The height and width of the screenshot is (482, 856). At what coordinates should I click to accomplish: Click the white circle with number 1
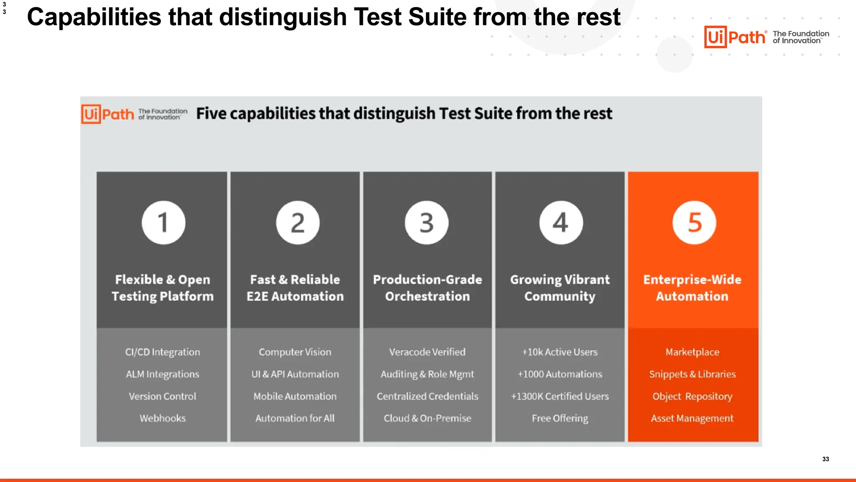[163, 223]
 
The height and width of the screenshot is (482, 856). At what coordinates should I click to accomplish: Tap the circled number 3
[427, 223]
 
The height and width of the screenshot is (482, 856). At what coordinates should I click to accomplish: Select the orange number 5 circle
[694, 223]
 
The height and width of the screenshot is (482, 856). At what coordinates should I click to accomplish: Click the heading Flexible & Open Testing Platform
[163, 288]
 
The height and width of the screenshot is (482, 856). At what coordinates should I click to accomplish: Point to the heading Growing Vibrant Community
[560, 288]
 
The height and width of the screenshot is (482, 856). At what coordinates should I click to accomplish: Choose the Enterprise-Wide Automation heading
[692, 288]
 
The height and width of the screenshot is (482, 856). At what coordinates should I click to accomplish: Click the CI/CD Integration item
[163, 352]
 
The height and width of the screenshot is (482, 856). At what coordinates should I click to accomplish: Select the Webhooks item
[163, 418]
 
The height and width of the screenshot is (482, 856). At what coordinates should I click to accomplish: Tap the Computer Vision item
[295, 352]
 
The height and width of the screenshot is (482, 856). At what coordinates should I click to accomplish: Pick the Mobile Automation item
[295, 396]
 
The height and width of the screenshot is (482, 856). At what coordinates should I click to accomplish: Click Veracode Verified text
[427, 352]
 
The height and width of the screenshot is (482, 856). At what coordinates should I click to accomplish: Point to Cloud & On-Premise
[427, 418]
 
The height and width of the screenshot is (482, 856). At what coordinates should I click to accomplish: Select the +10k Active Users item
[560, 352]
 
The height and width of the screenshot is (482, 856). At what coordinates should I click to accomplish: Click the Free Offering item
[560, 418]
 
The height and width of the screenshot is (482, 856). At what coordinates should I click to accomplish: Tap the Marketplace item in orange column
[692, 352]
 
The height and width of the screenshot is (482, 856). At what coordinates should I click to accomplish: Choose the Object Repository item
[692, 396]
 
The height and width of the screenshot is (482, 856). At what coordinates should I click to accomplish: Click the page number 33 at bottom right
[825, 459]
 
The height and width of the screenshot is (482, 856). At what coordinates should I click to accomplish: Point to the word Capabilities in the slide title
[94, 18]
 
